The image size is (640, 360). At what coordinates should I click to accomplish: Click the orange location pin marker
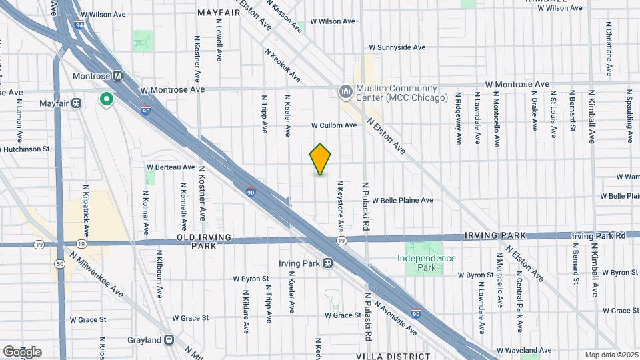coord(320,159)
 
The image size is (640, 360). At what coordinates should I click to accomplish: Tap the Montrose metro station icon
coord(118,76)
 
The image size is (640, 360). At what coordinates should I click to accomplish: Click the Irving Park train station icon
coord(327,263)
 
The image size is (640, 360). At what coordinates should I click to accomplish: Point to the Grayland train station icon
coord(169,340)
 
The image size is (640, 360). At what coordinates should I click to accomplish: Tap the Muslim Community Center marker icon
coord(345,90)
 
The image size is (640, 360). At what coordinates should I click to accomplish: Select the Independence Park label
coord(427,263)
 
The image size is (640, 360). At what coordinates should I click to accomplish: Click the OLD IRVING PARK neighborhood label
coord(204,241)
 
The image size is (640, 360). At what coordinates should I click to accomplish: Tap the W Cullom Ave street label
coord(334,125)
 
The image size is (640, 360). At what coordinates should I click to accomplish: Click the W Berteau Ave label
coord(171,167)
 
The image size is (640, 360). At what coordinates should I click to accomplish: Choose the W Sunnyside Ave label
coord(397,48)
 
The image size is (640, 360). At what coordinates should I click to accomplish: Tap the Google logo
coord(22,351)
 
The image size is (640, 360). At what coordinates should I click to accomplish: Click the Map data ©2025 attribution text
coord(611,355)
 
